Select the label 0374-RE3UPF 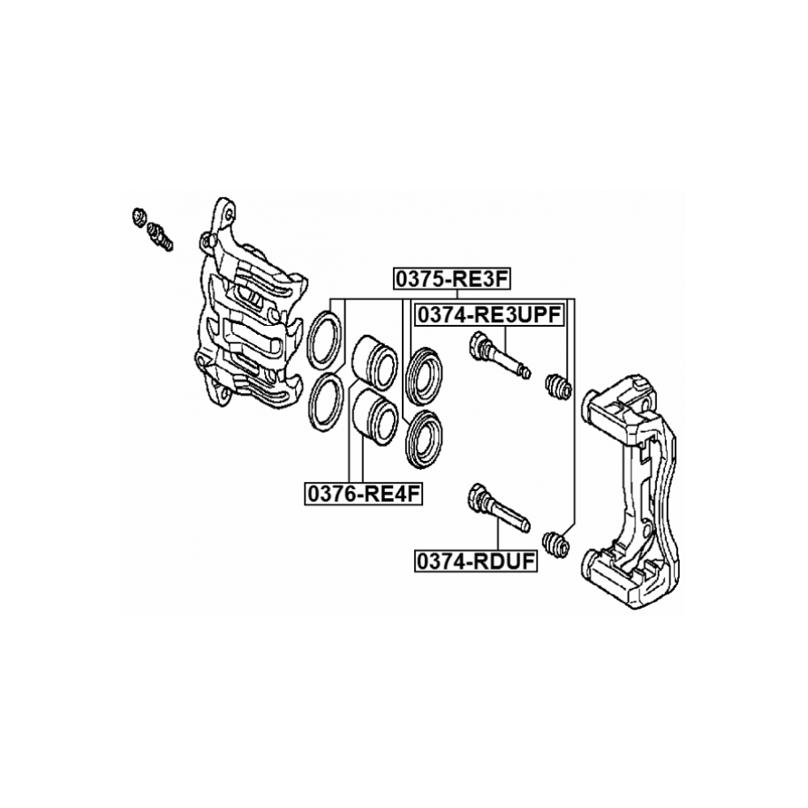[x=491, y=315]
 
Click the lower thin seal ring [x=327, y=402]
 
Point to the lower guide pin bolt [x=499, y=509]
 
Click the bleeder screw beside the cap [x=161, y=233]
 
